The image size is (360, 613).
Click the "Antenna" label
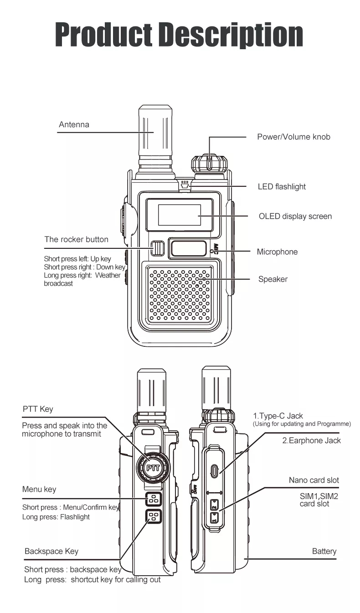point(74,124)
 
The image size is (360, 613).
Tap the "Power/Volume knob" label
point(293,137)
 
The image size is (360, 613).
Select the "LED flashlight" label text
point(282,186)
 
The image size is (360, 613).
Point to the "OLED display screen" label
point(295,216)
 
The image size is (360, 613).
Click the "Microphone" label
point(277,252)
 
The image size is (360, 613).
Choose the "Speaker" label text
point(273,279)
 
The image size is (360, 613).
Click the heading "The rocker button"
point(76,239)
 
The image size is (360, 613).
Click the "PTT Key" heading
point(38,409)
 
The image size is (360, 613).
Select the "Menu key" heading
point(39,489)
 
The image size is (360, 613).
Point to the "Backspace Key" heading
point(51,551)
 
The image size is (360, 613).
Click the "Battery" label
point(324,551)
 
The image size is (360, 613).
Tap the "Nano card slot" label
point(314,480)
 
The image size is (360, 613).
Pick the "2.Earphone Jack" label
point(311,440)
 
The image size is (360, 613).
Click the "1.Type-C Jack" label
point(278,416)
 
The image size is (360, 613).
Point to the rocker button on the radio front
point(157,248)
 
